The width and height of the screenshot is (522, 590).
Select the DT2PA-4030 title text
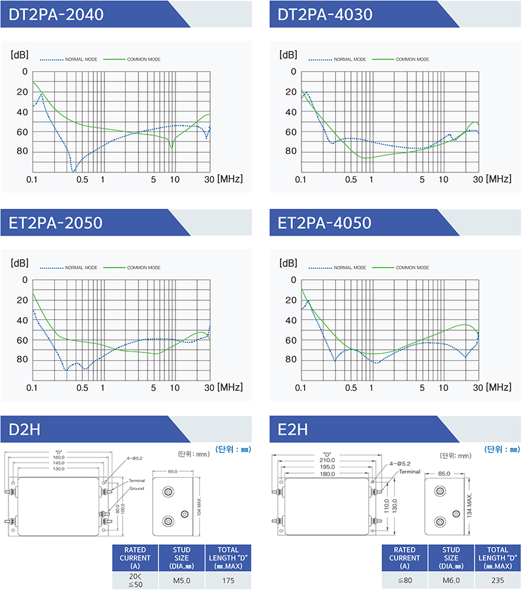325,14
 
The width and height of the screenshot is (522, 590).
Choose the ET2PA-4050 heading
324,223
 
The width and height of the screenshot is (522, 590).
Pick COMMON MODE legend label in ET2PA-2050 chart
144,268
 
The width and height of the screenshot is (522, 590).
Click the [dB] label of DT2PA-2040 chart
19,54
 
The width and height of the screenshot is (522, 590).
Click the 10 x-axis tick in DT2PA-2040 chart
174,179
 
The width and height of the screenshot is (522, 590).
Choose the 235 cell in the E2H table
497,579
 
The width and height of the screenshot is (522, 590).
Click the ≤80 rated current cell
405,579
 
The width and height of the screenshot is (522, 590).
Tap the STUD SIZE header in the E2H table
450,558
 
